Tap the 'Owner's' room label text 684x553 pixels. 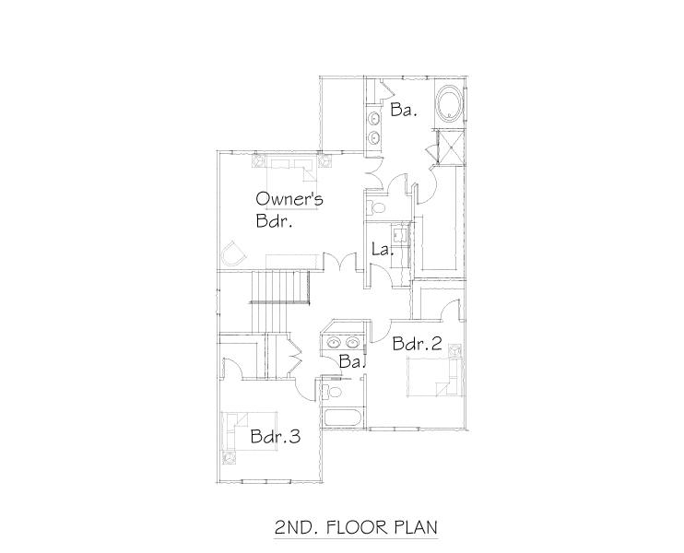coord(289,198)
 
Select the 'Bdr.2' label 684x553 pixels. coord(417,344)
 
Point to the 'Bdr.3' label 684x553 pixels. coord(276,437)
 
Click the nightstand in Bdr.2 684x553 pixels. coord(454,365)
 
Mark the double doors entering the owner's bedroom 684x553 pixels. coord(343,265)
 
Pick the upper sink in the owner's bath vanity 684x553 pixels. coord(375,118)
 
